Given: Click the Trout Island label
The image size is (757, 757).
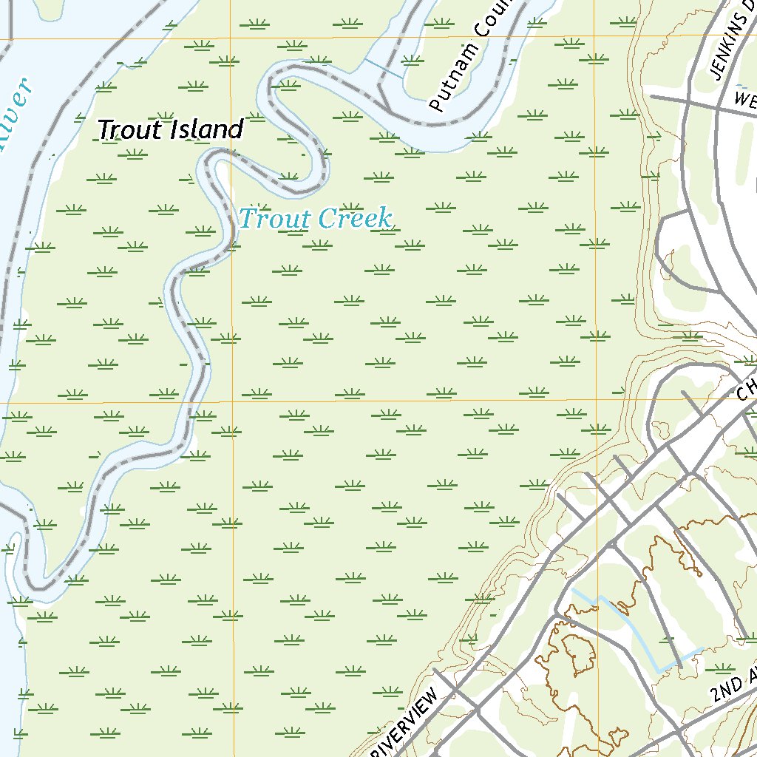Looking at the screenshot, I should (x=170, y=130).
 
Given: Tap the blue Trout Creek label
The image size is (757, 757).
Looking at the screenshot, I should (x=315, y=219).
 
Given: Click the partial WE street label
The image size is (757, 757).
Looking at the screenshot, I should (x=745, y=98).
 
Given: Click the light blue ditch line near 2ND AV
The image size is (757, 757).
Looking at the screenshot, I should (x=636, y=628).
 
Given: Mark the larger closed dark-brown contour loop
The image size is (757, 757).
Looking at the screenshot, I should (x=578, y=654).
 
